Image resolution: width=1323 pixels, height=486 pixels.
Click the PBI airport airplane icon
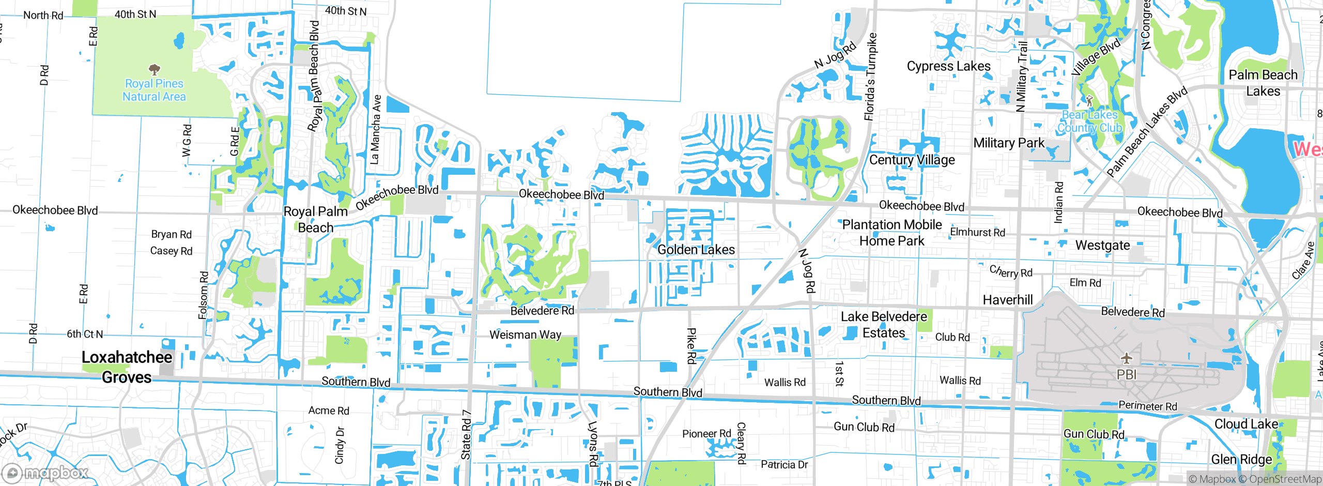click(1127, 358)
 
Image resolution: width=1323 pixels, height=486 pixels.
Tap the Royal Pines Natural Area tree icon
click(154, 69)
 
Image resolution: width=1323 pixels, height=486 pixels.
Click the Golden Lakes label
click(696, 250)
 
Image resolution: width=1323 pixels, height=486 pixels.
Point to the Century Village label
click(912, 160)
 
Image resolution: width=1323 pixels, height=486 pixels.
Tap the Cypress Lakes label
click(948, 66)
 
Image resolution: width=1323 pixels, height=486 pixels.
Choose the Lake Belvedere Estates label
click(884, 325)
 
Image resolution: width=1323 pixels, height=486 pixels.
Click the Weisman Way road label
click(525, 335)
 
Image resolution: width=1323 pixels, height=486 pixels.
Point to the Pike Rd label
click(691, 345)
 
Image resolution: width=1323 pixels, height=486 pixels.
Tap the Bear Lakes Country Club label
click(1089, 121)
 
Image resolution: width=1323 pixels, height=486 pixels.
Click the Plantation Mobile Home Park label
click(892, 233)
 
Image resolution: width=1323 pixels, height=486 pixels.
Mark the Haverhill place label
click(1007, 300)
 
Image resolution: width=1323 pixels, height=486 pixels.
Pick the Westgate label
click(1102, 245)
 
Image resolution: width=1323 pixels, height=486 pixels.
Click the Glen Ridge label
click(1241, 459)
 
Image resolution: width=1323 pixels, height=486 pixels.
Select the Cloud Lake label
click(1245, 424)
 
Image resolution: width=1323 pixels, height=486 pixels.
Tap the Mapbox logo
click(45, 473)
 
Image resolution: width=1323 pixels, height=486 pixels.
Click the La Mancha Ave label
click(376, 129)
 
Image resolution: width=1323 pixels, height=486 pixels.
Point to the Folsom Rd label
click(204, 295)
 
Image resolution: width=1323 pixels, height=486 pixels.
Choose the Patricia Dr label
click(784, 464)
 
